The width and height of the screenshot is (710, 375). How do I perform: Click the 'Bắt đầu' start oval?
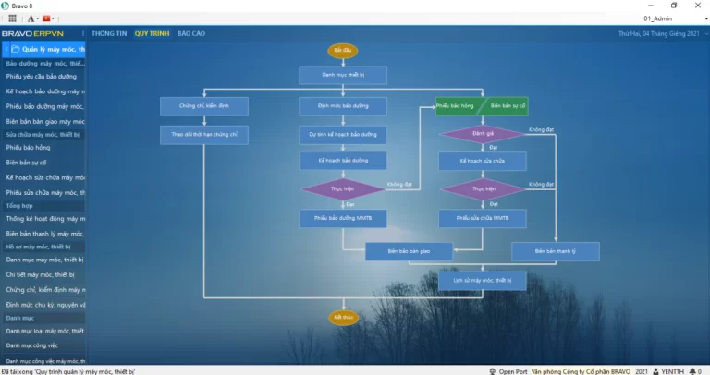[x=342, y=50]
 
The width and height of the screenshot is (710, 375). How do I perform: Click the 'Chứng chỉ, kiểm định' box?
[x=203, y=106]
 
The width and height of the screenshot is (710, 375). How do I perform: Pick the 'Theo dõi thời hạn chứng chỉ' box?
[x=203, y=135]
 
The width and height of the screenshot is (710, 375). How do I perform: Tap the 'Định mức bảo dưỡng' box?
[x=342, y=106]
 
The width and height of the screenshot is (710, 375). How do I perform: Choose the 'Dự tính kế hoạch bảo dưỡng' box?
[x=342, y=135]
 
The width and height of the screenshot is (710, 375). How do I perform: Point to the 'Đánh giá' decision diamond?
[x=482, y=133]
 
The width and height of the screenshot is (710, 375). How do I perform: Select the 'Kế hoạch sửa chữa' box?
[x=482, y=161]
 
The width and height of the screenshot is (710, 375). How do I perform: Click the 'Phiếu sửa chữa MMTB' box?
[x=482, y=218]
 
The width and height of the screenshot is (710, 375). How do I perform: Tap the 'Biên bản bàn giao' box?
[x=410, y=251]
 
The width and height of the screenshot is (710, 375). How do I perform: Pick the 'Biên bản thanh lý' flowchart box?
[x=555, y=251]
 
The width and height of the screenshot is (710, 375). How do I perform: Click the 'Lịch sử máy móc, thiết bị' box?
[x=482, y=279]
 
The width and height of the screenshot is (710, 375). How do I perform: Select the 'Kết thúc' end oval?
[x=342, y=318]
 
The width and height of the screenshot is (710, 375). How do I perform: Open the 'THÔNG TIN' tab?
[x=109, y=33]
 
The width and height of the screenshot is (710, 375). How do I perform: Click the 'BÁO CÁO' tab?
[x=191, y=33]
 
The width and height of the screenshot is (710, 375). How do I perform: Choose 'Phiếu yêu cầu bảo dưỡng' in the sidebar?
[x=42, y=77]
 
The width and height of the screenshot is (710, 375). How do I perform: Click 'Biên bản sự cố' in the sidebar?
[x=28, y=163]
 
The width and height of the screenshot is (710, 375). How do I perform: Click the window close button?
[x=696, y=6]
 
